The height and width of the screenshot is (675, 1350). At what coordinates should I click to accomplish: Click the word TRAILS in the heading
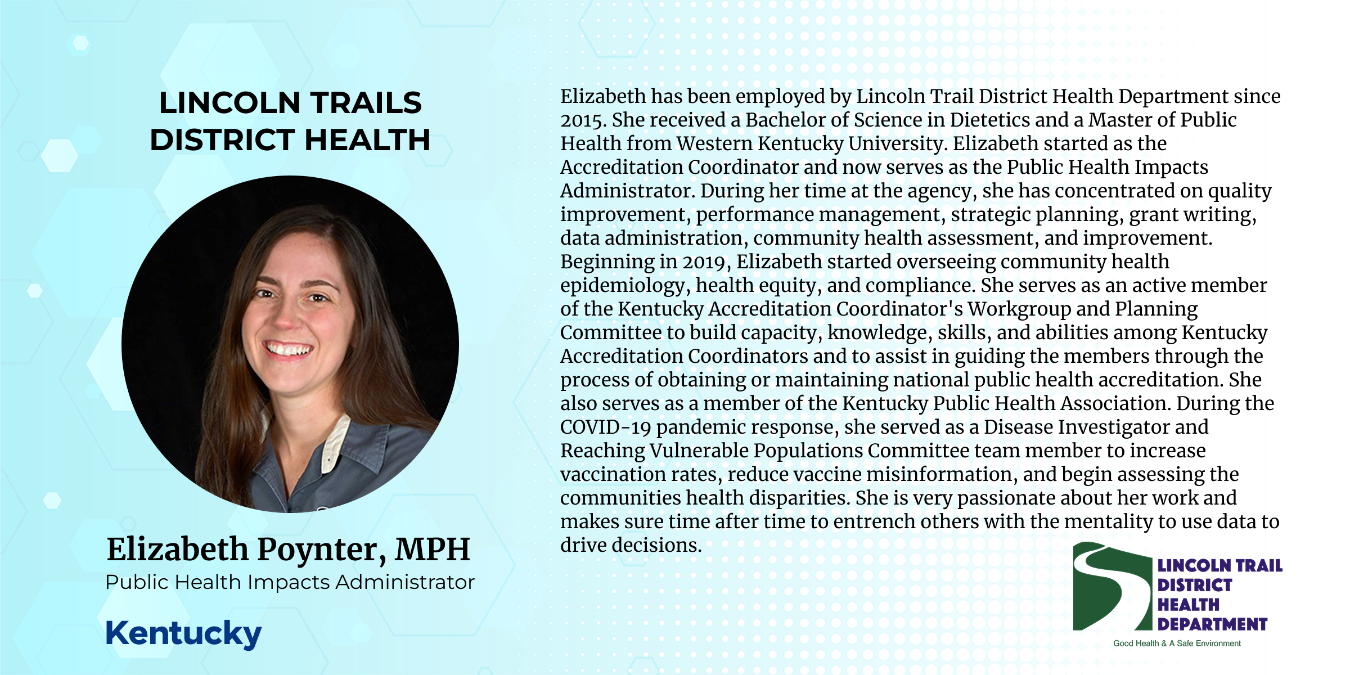(x=366, y=103)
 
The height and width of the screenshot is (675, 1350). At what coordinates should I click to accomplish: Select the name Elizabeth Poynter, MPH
(x=289, y=550)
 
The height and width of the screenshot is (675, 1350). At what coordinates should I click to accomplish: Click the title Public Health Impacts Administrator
(x=290, y=582)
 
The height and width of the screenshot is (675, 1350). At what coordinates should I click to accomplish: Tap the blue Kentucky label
(x=183, y=634)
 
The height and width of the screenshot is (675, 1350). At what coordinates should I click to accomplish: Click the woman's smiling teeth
(x=288, y=349)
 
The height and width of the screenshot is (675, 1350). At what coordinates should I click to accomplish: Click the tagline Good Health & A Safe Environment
(x=1177, y=643)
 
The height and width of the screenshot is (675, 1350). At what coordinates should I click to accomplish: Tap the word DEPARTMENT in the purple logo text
(x=1212, y=624)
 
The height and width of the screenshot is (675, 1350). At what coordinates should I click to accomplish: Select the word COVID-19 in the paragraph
(x=605, y=427)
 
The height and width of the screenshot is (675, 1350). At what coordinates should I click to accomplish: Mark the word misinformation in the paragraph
(x=942, y=474)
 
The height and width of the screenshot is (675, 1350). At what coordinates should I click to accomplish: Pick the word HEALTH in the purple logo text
(x=1188, y=605)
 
